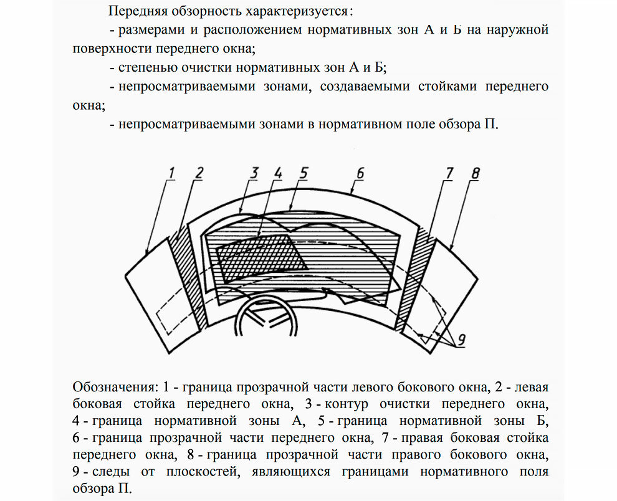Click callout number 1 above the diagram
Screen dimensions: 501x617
pyautogui.click(x=172, y=171)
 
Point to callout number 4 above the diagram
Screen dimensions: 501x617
pyautogui.click(x=278, y=173)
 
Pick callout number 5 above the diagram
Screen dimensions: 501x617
pyautogui.click(x=303, y=173)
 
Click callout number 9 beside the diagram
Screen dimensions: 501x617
pyautogui.click(x=462, y=340)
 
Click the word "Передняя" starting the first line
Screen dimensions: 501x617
pyautogui.click(x=134, y=11)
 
